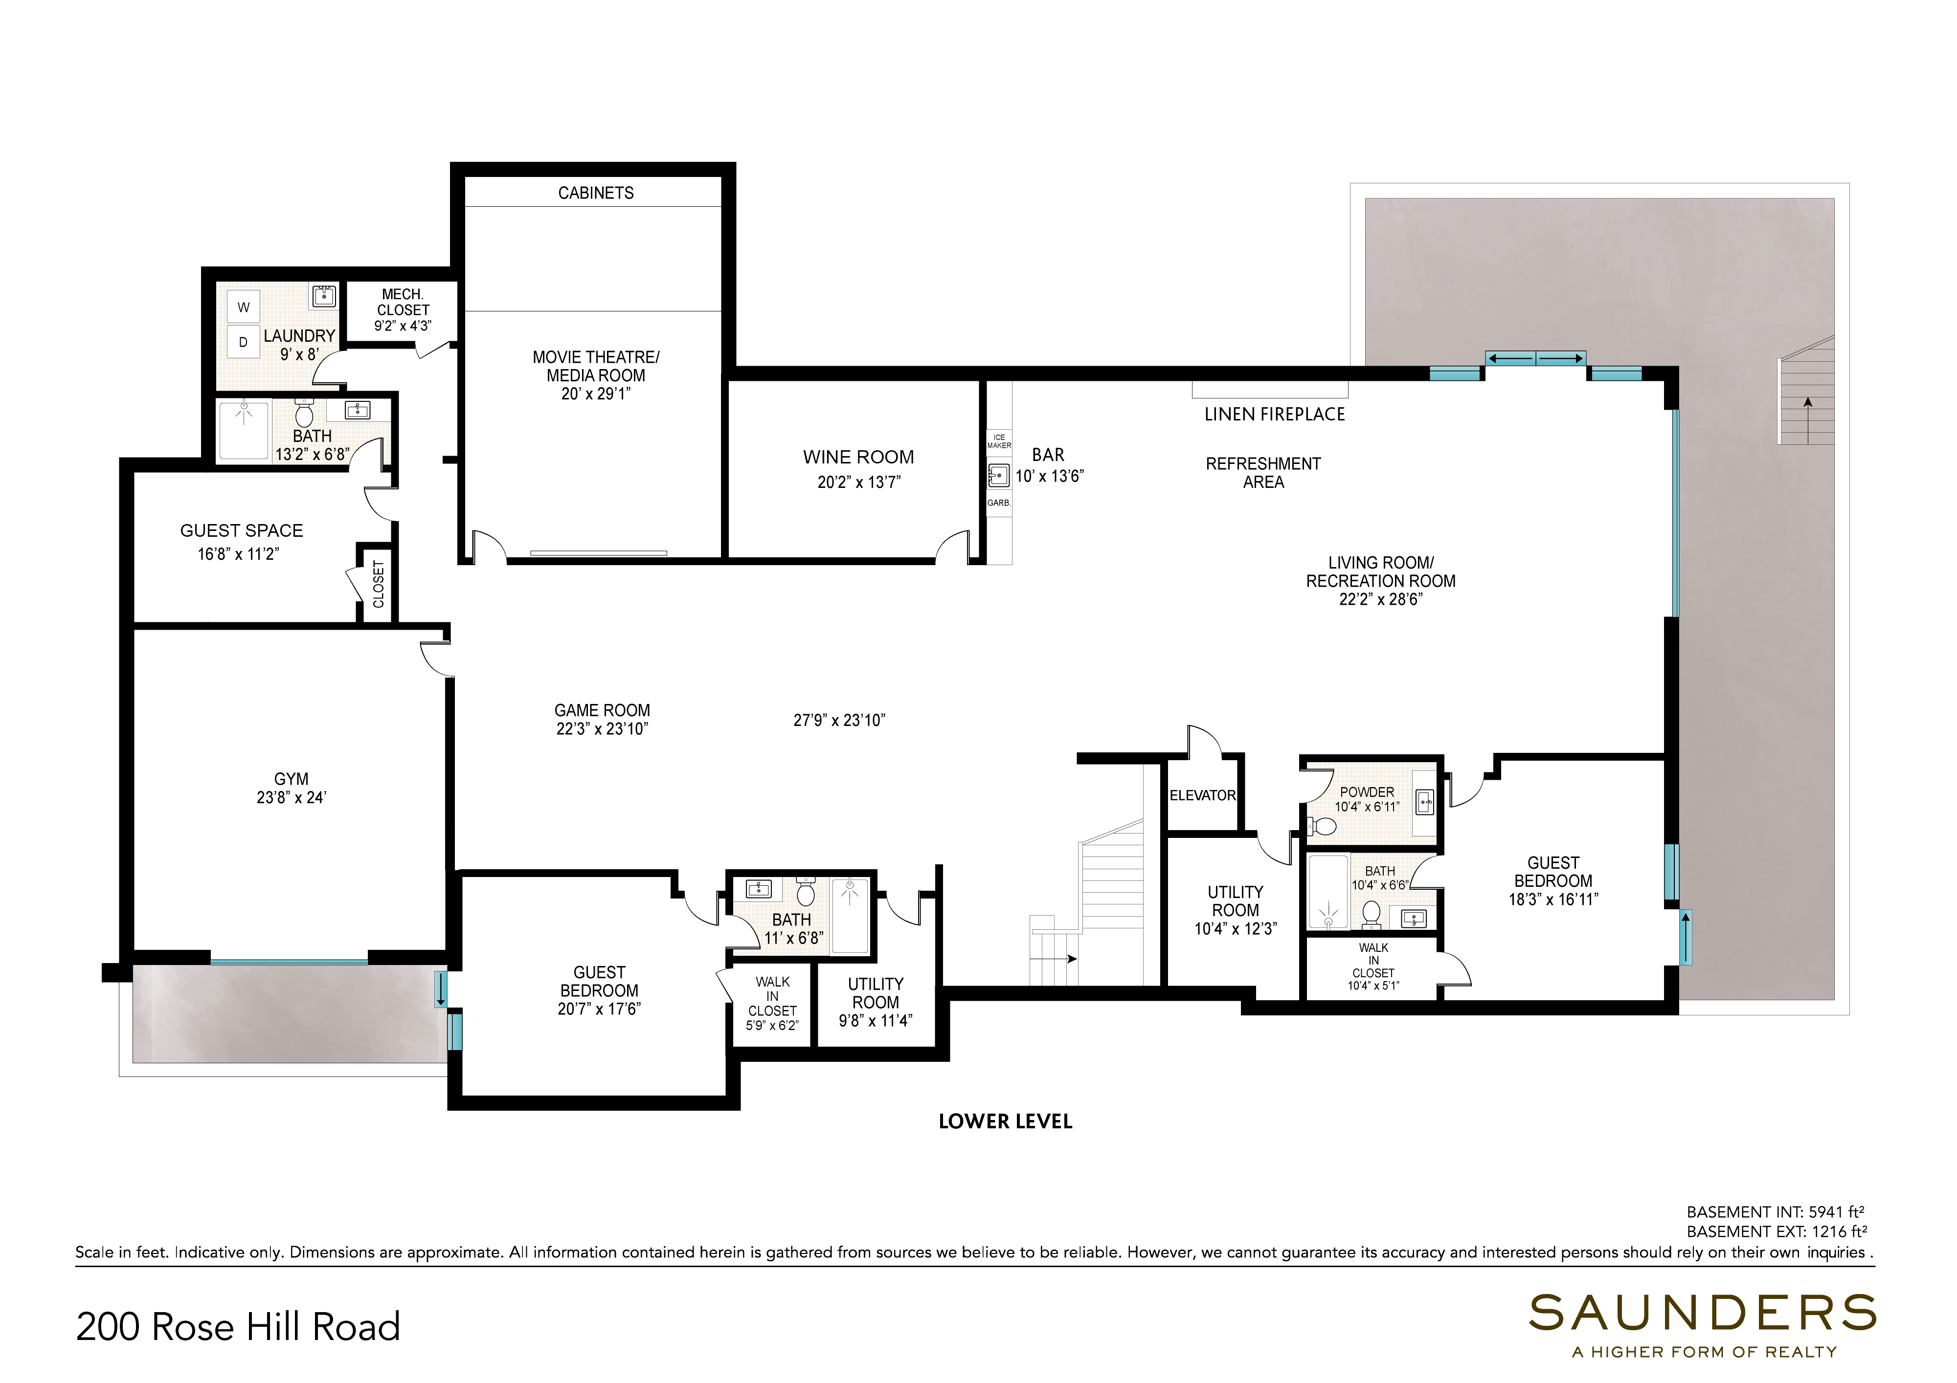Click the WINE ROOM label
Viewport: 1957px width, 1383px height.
pyautogui.click(x=858, y=458)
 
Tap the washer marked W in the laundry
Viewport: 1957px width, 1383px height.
pyautogui.click(x=244, y=307)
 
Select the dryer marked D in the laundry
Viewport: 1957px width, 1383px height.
pyautogui.click(x=244, y=342)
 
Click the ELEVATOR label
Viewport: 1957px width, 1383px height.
pyautogui.click(x=1202, y=795)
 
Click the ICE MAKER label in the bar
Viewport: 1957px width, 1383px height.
pyautogui.click(x=999, y=441)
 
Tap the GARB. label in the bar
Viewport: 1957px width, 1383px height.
pyautogui.click(x=999, y=503)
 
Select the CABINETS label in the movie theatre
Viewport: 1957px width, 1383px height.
pyautogui.click(x=596, y=193)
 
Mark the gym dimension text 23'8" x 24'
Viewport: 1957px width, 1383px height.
pyautogui.click(x=292, y=798)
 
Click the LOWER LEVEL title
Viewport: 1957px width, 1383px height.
pyautogui.click(x=1005, y=1121)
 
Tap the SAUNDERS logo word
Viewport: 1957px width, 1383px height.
pyautogui.click(x=1702, y=1313)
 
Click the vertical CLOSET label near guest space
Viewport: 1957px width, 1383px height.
pyautogui.click(x=379, y=584)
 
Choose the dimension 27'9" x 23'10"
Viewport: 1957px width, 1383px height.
pyautogui.click(x=839, y=720)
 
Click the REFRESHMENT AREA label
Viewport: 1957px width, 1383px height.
pyautogui.click(x=1263, y=473)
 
